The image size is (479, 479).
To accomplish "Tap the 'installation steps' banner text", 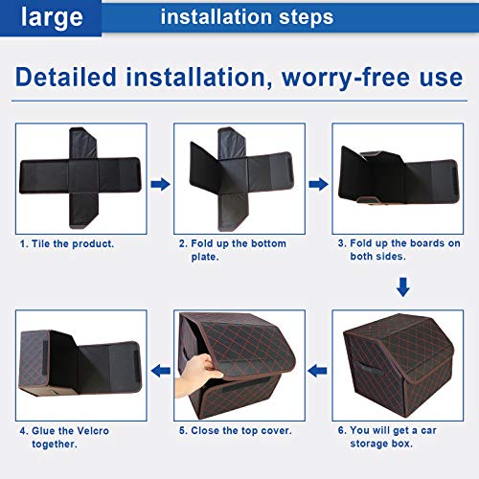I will pos(247,17).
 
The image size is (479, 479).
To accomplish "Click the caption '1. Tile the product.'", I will pos(68,243).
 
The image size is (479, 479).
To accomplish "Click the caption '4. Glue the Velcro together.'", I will pos(66,436).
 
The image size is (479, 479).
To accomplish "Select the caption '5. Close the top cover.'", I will pos(237,429).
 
